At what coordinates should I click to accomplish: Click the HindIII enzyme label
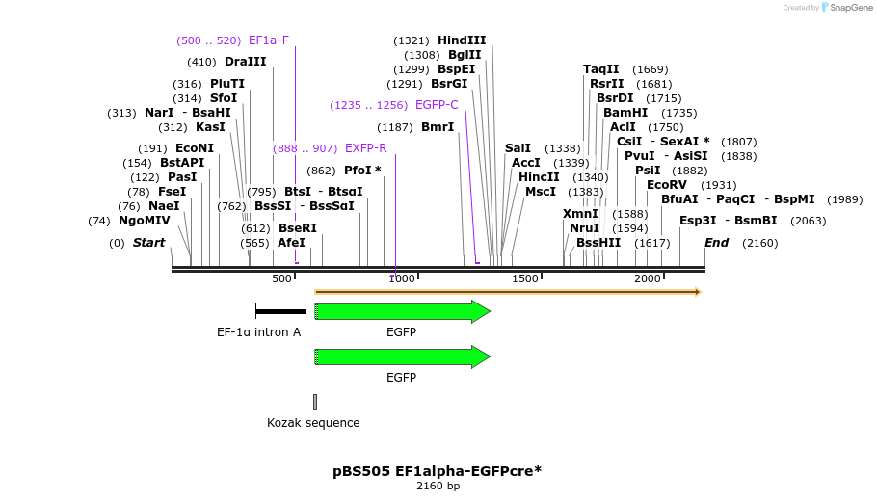tap(462, 40)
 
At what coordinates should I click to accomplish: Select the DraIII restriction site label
tap(245, 62)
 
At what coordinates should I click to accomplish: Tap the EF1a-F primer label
tap(269, 40)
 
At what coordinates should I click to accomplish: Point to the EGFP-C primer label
tap(437, 105)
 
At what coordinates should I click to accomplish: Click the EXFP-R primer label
tap(365, 148)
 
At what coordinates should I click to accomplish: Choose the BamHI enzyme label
tap(625, 113)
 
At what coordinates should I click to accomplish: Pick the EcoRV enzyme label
tap(667, 185)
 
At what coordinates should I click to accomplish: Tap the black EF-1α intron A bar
tap(280, 311)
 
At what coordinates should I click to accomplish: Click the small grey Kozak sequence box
tap(314, 402)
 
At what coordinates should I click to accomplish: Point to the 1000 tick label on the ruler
tap(403, 278)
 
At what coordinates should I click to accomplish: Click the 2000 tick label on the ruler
tap(648, 278)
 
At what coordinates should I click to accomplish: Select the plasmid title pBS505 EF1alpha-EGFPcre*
tap(438, 471)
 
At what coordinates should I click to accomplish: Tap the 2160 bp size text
tap(438, 486)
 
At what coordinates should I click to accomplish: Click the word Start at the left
tap(148, 243)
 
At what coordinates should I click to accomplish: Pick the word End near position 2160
tap(716, 243)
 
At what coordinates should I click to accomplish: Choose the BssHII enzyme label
tap(598, 243)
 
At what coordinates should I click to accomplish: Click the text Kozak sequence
tap(313, 423)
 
